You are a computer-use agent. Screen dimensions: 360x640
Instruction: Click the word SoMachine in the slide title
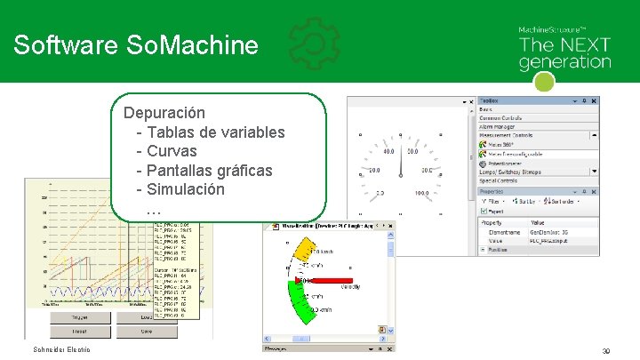(201, 45)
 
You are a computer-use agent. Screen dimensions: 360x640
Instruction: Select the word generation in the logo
(564, 62)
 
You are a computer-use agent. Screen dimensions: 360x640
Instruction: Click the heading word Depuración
(165, 113)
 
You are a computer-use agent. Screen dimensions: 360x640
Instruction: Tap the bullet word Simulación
(186, 189)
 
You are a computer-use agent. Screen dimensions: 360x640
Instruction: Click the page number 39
(605, 351)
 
